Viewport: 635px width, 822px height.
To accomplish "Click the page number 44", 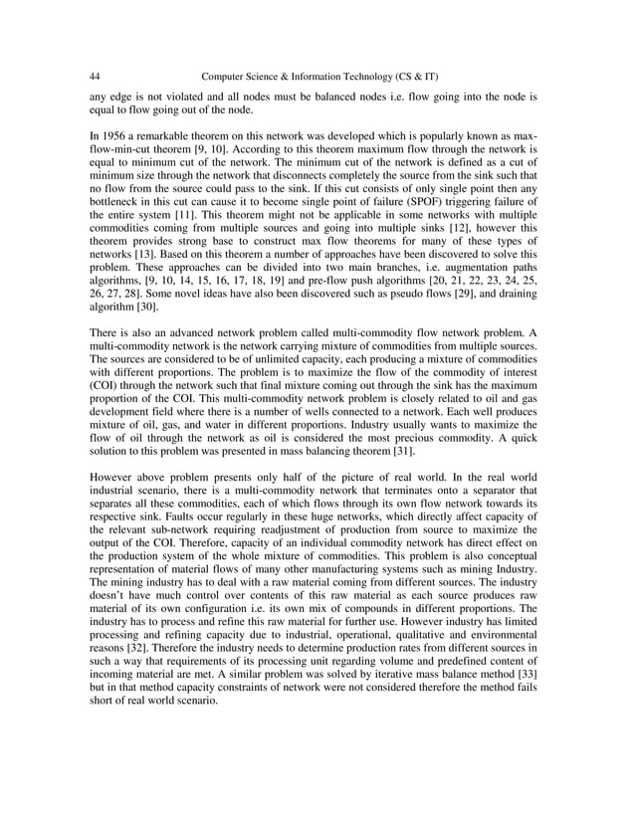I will [x=95, y=76].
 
